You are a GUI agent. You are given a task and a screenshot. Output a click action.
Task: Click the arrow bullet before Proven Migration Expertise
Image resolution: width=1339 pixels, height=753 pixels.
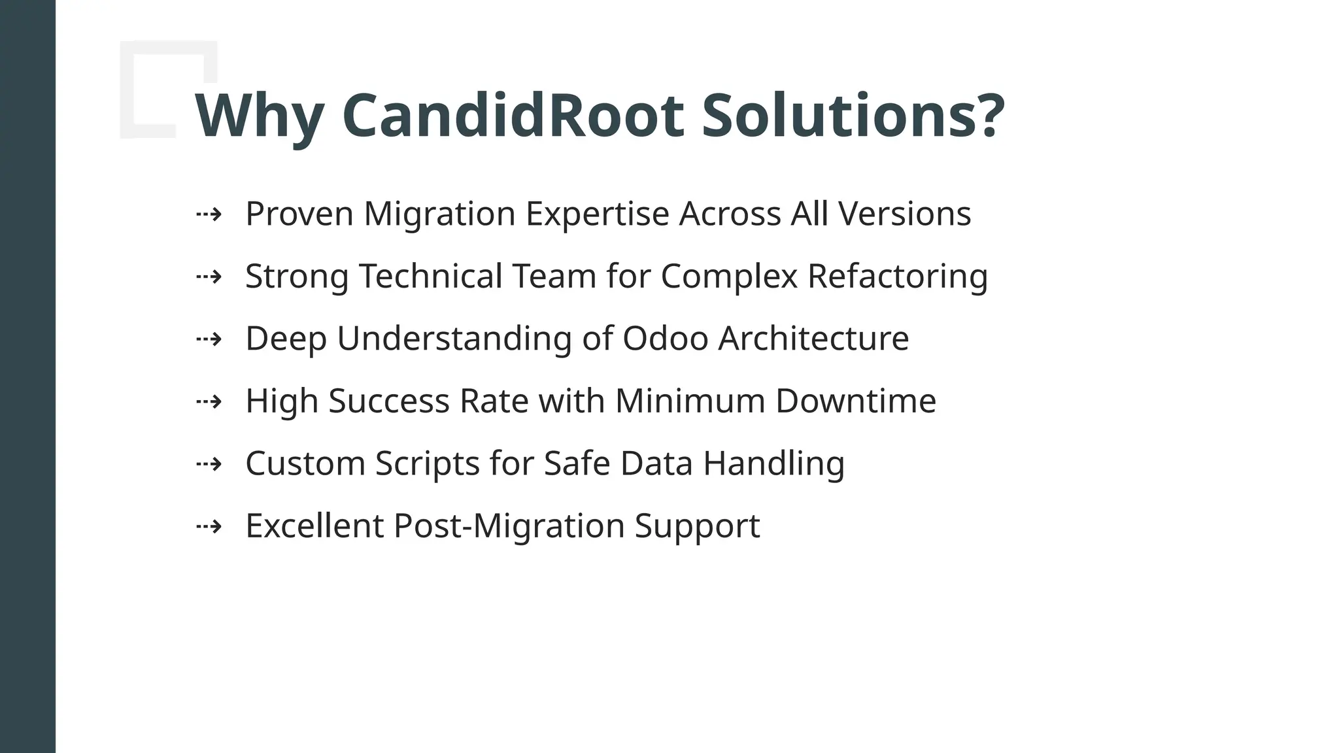tap(209, 214)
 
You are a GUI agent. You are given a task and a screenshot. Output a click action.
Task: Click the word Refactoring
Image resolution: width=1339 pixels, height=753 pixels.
tap(897, 276)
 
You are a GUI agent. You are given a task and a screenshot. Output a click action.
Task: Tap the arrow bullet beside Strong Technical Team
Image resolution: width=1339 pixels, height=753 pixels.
tap(209, 276)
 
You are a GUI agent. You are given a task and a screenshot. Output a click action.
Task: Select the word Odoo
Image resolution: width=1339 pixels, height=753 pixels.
tap(665, 339)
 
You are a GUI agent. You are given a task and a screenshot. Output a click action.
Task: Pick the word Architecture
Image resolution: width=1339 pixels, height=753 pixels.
tap(813, 339)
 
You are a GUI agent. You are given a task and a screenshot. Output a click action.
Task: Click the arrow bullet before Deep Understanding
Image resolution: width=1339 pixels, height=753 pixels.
tap(209, 339)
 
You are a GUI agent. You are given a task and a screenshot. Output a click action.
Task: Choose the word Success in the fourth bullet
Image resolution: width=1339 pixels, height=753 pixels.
tap(388, 401)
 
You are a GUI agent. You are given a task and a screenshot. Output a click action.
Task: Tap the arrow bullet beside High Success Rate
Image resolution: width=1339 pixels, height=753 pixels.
tap(209, 401)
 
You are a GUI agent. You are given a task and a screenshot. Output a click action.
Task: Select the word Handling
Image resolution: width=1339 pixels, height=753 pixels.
tap(773, 464)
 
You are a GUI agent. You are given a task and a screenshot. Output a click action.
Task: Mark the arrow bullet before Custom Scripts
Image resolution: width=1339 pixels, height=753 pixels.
tap(209, 464)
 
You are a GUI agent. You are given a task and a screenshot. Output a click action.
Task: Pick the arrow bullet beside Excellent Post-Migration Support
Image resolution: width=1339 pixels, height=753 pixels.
tap(209, 526)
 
